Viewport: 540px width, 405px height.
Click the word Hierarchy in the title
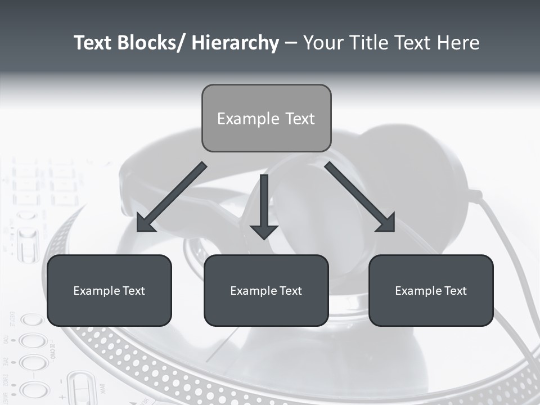(x=235, y=43)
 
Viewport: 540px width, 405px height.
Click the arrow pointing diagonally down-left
(x=172, y=197)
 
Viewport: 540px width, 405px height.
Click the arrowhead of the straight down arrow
(x=264, y=231)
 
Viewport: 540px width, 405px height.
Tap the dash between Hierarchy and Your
(x=291, y=43)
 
